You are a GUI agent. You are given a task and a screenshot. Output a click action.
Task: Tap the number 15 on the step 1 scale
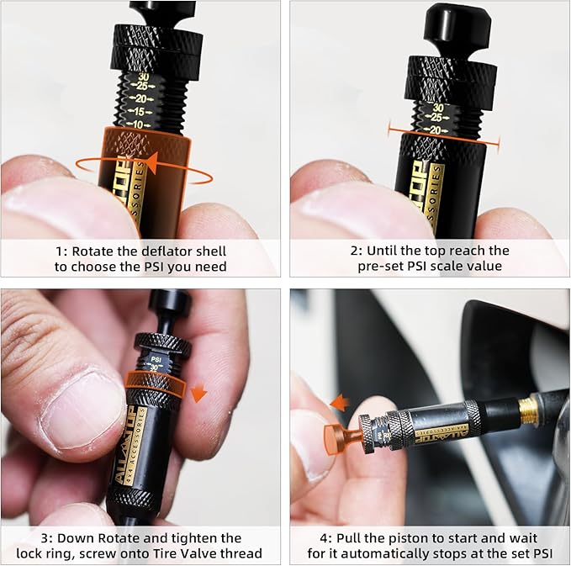click(x=140, y=111)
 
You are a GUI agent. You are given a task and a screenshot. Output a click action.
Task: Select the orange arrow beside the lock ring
click(x=198, y=393)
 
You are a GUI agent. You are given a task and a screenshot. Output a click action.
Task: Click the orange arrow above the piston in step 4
click(x=340, y=404)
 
